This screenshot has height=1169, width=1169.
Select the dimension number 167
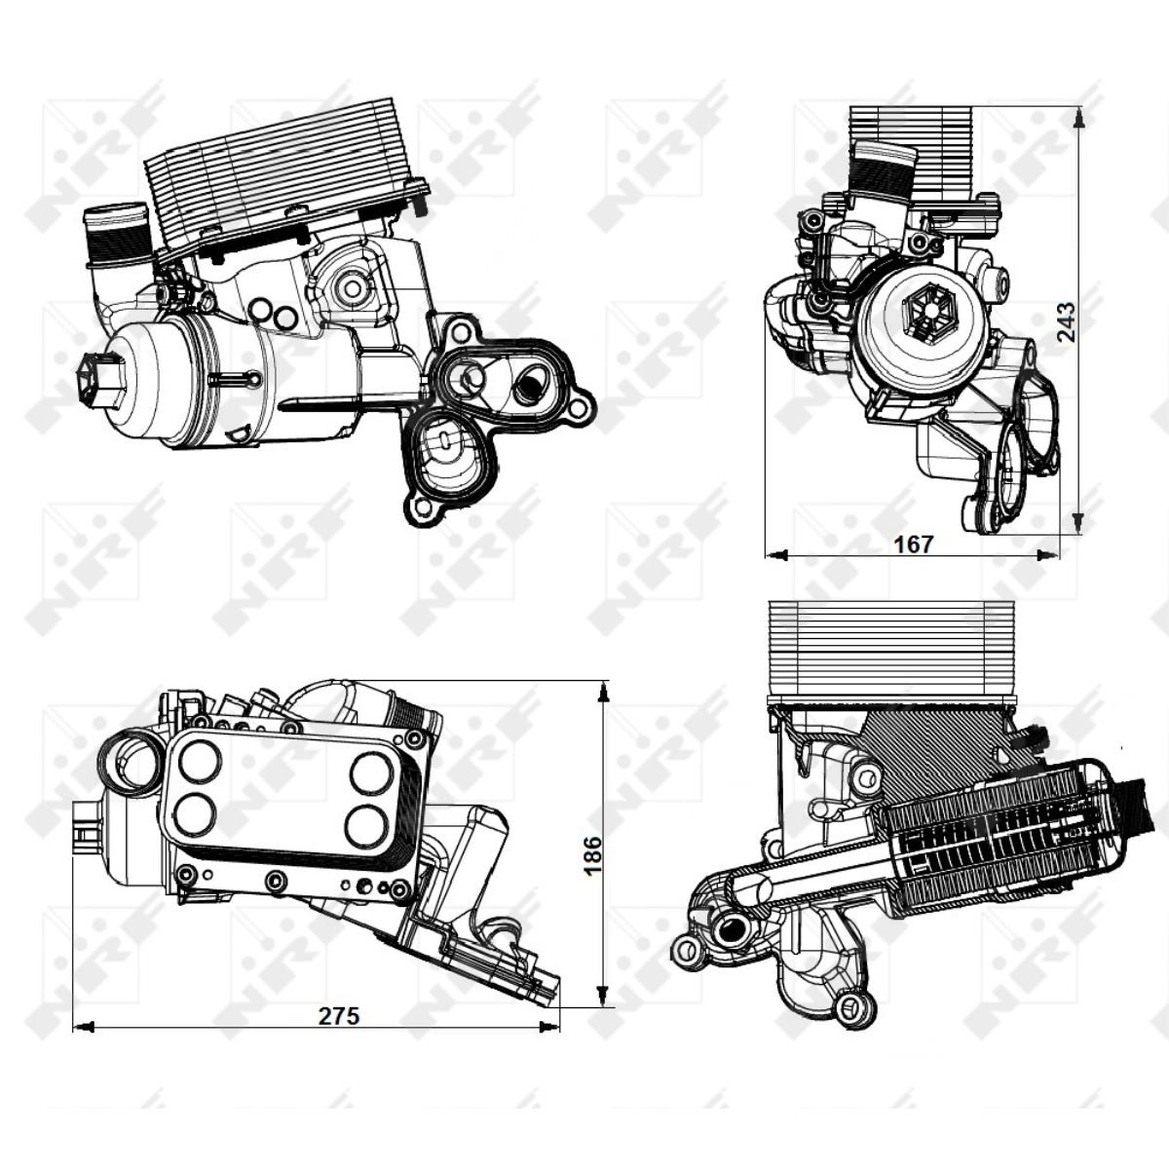pyautogui.click(x=913, y=544)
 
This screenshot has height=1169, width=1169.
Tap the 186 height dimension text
pyautogui.click(x=592, y=855)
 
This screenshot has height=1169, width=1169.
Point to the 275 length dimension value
pyautogui.click(x=339, y=1015)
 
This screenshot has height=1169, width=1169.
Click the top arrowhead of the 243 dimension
pyautogui.click(x=1079, y=117)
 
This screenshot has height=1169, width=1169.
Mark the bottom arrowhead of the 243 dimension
pyautogui.click(x=1079, y=525)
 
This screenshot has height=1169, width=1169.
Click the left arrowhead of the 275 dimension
pyautogui.click(x=83, y=1026)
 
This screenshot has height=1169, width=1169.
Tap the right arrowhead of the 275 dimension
pyautogui.click(x=551, y=1026)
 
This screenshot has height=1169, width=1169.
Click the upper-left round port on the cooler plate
pyautogui.click(x=200, y=760)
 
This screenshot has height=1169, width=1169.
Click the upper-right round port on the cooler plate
pyautogui.click(x=371, y=772)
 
